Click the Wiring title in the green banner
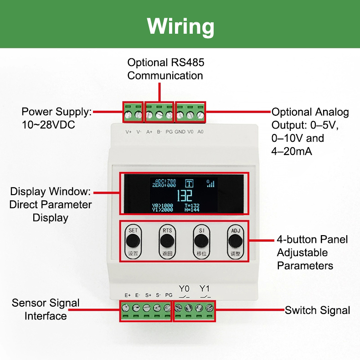(180, 26)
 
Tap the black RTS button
(167, 241)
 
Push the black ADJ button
(235, 241)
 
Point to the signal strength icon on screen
(211, 183)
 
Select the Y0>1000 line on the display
(163, 206)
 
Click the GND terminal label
(180, 132)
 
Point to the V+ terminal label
(129, 132)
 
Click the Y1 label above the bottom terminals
(205, 288)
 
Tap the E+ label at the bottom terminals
(128, 295)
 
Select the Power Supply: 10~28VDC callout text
(57, 118)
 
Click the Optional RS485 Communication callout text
(165, 69)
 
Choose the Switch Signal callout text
(317, 310)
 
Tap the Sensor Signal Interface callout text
(46, 309)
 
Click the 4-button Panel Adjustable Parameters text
(312, 252)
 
